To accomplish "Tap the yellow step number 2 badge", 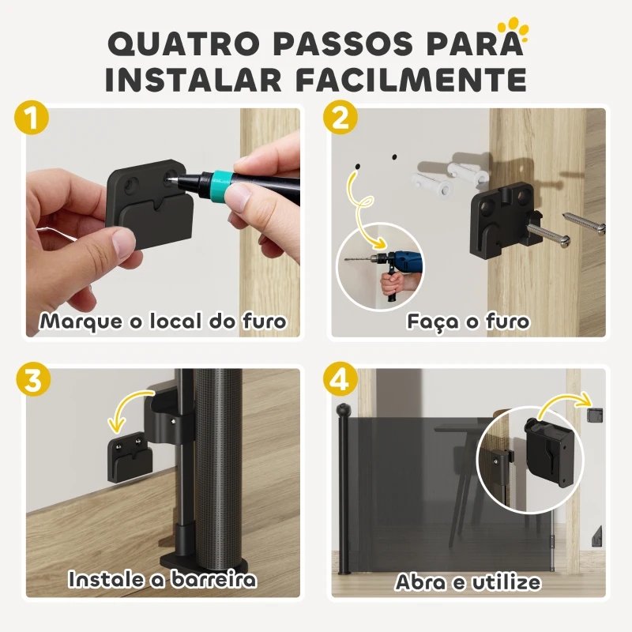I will click(x=340, y=119).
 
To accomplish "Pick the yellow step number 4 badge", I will click(x=340, y=380).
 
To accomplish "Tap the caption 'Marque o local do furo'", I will click(x=163, y=322).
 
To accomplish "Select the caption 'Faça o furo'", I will click(x=468, y=322).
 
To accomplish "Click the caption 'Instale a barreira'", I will click(x=163, y=579).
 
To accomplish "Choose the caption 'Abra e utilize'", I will click(x=468, y=582).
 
